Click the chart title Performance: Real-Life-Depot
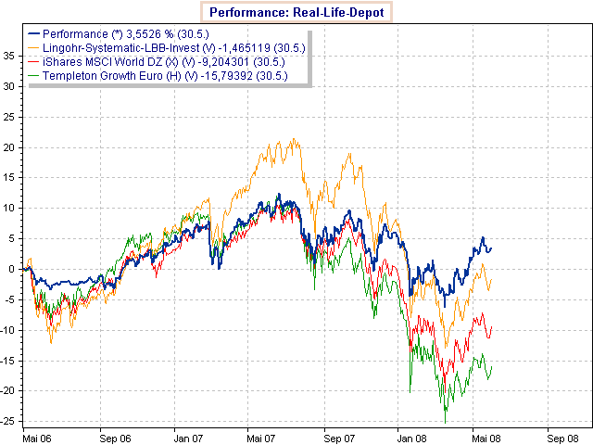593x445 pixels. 296,13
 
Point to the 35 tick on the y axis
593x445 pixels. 11,56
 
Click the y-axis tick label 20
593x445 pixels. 11,146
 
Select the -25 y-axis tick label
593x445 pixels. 9,421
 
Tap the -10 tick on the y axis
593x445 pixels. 9,330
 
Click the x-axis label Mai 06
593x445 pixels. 36,434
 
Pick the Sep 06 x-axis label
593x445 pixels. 113,434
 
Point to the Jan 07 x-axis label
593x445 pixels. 190,434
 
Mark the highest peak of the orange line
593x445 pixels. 295,140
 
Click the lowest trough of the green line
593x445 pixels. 446,423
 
